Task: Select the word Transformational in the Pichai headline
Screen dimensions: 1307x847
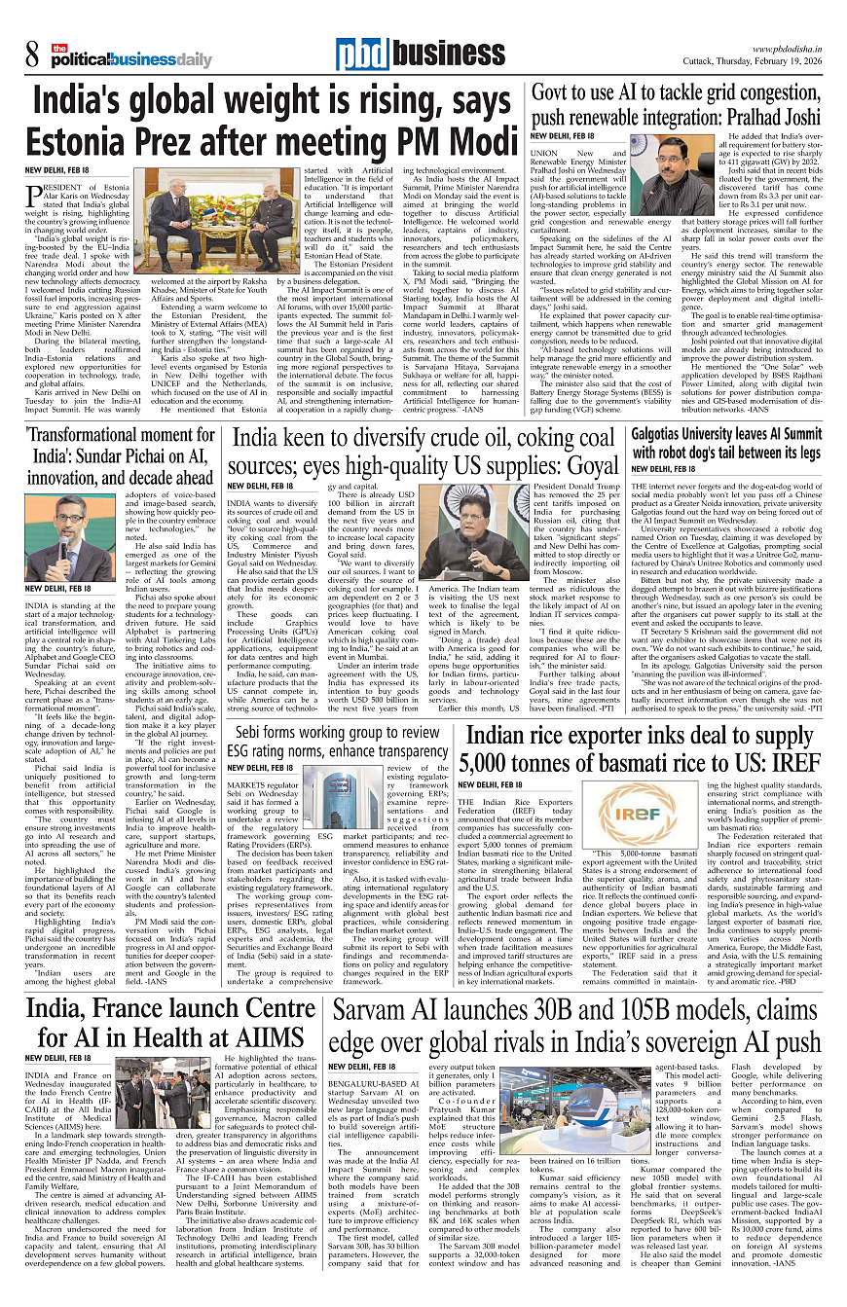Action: pyautogui.click(x=89, y=434)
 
